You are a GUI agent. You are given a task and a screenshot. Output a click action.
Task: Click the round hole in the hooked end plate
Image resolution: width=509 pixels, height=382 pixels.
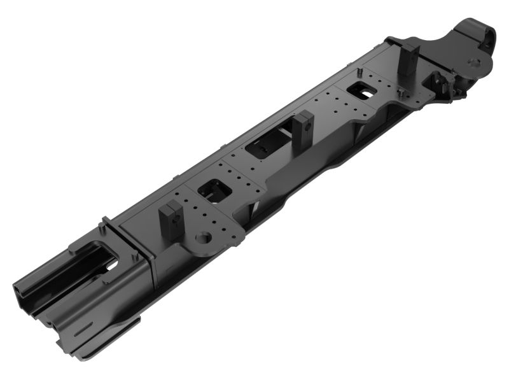(472, 62)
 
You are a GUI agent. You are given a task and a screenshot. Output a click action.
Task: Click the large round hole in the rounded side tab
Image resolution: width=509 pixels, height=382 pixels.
(203, 237)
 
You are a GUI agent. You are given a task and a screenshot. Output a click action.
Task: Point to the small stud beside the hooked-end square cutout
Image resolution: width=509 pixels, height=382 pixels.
(361, 72)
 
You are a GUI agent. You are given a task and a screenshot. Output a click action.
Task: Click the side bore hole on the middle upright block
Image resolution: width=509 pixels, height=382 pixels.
(307, 126)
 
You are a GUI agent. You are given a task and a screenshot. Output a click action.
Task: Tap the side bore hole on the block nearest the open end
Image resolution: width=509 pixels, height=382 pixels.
(176, 221)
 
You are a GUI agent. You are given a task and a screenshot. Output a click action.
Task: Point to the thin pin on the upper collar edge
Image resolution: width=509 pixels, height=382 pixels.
(102, 224)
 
